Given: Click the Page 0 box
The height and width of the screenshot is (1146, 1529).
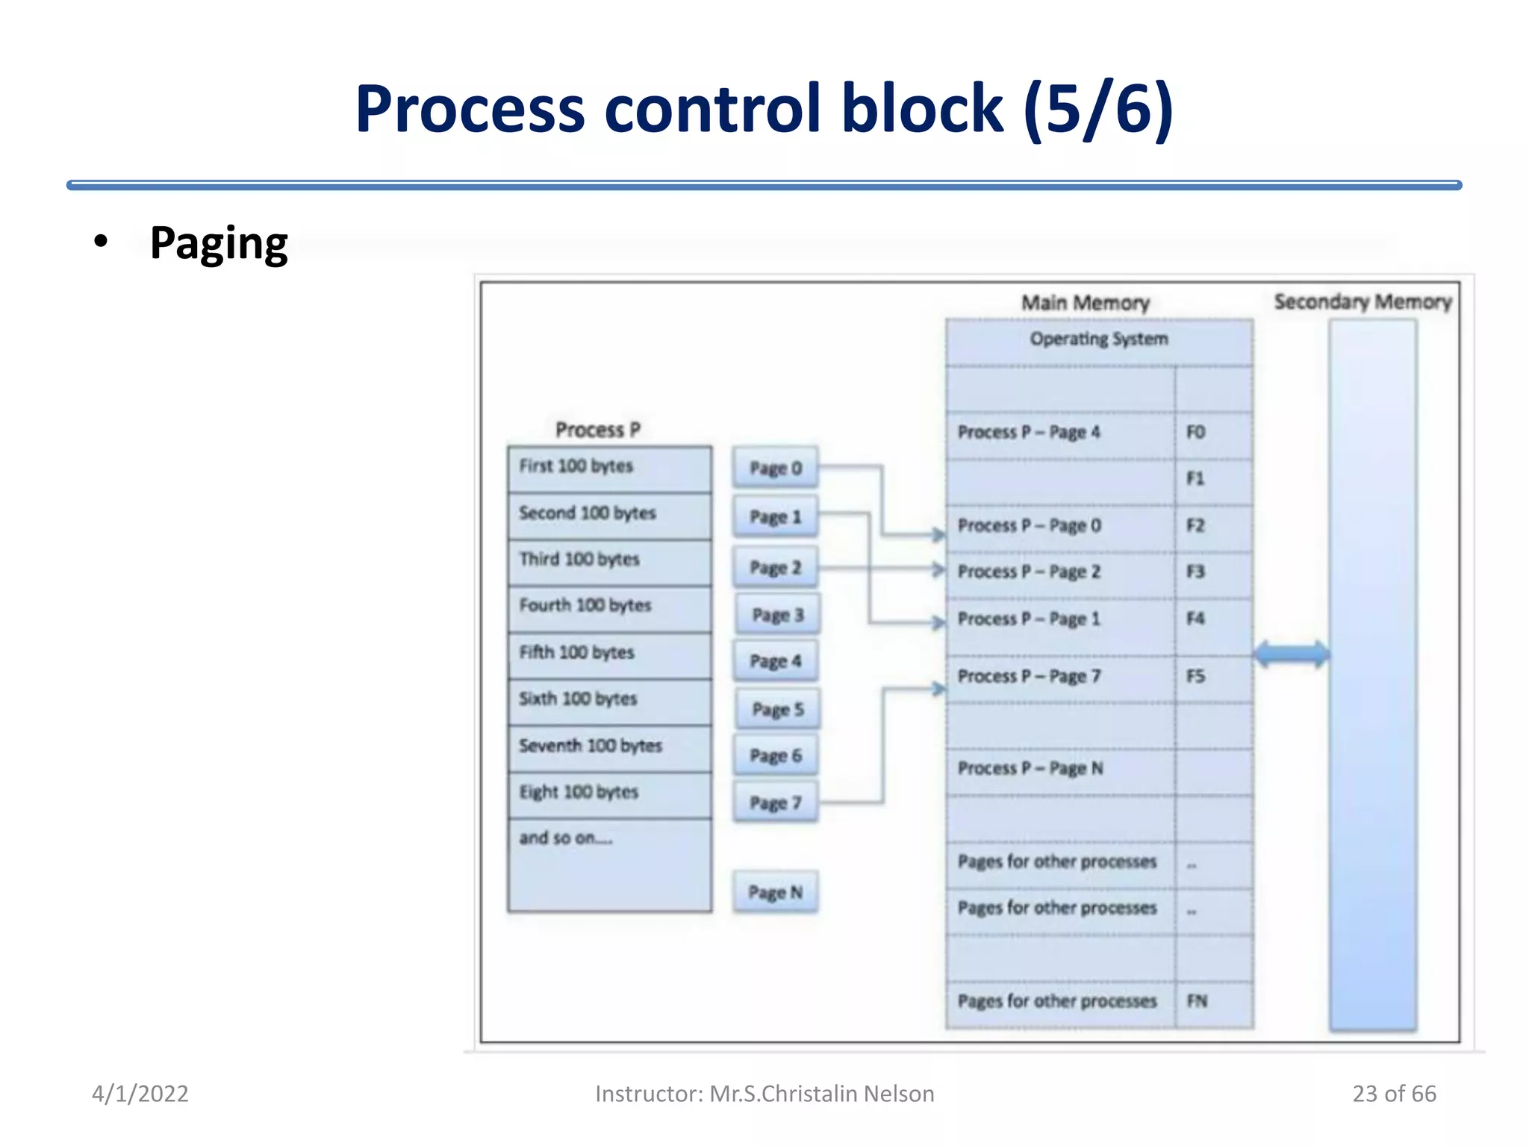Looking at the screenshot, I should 775,468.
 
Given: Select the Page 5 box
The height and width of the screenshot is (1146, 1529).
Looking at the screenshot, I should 777,709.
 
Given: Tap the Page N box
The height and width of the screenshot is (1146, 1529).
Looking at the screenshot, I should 775,892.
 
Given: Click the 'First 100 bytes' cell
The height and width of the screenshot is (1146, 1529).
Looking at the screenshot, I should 608,467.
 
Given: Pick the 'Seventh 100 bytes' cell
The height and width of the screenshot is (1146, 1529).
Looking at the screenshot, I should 608,746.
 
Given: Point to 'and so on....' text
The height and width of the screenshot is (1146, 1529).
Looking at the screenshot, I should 566,838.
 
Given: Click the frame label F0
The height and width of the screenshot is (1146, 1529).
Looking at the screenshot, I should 1195,432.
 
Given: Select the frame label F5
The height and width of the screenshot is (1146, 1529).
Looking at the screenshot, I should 1195,676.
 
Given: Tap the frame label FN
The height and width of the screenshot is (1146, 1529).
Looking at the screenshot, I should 1197,1001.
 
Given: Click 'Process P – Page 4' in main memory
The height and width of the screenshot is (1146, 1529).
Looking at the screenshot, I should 1029,432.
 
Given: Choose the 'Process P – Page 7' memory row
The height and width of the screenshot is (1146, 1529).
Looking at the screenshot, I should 1029,676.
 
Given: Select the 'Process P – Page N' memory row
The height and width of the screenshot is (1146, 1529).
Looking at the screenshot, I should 1030,768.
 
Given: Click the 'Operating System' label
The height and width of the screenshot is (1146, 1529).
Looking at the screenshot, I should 1099,339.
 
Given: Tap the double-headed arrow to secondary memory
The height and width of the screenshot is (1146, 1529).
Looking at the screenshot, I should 1292,654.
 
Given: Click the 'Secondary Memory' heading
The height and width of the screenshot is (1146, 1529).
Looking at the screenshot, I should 1363,301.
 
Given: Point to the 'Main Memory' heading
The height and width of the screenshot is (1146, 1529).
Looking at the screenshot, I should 1086,302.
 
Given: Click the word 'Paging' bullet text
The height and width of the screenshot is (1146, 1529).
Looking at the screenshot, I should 218,242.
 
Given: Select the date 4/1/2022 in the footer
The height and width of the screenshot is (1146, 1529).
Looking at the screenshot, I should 140,1093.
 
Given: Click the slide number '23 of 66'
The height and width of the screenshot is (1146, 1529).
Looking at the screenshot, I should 1394,1093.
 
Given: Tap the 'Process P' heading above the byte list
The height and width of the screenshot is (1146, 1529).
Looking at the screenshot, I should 598,430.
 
